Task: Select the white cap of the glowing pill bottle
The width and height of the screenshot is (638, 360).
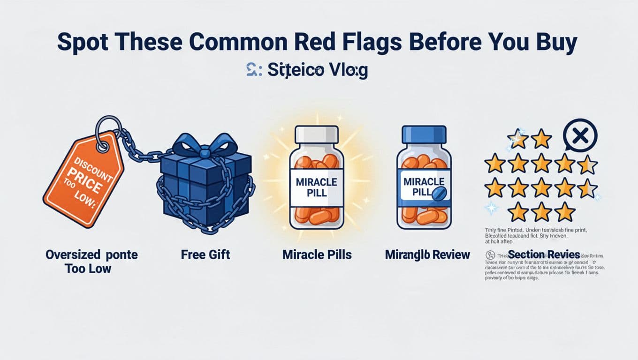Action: coord(316,135)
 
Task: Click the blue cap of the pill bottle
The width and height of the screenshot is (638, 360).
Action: coord(424,135)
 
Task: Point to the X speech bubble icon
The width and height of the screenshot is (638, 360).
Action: coord(580,136)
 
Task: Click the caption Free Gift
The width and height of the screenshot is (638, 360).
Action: coord(205,255)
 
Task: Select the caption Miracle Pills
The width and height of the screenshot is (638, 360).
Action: coord(317,255)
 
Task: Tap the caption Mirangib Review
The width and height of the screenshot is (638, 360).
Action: coord(427,255)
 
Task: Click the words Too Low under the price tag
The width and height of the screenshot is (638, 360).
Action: coord(88,269)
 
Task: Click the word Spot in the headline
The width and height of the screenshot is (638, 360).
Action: coord(82,43)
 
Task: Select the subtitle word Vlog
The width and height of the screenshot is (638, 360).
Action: coord(347,71)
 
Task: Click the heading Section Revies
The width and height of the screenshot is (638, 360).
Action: coord(544,255)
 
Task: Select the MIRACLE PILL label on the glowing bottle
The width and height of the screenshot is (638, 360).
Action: coord(316,187)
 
